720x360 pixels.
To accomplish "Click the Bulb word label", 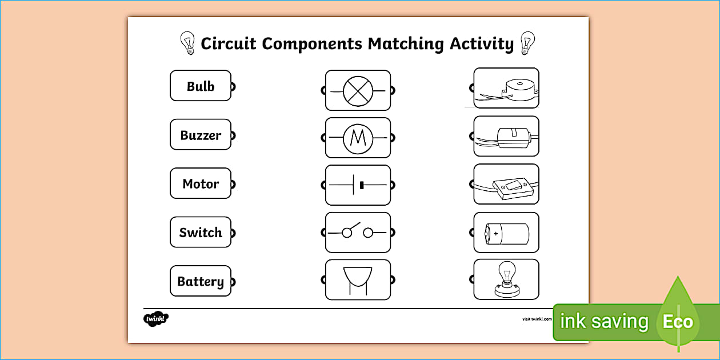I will (x=201, y=86).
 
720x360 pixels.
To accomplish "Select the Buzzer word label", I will (x=201, y=135).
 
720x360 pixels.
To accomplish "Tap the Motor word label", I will (x=201, y=184).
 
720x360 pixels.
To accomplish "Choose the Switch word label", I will (x=201, y=233).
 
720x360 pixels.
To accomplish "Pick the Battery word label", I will (x=201, y=281).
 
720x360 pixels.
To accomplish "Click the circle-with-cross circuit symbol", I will (x=358, y=90).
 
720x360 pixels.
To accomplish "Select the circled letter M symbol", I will (x=358, y=138).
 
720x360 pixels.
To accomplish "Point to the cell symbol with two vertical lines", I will (x=358, y=185).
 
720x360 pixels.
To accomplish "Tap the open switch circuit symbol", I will (x=358, y=233).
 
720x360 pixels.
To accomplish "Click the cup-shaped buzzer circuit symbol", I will (x=358, y=279).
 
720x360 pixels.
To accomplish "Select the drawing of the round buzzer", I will (x=506, y=88).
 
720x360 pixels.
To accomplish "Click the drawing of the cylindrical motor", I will (x=506, y=137).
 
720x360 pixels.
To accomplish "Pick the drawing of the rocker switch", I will (x=506, y=185).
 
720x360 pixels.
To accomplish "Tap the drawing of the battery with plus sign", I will (x=506, y=233).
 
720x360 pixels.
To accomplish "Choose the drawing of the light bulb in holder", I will (x=506, y=279).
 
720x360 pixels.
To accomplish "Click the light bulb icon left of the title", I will (x=187, y=43).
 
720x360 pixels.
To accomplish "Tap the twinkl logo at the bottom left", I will (x=156, y=319).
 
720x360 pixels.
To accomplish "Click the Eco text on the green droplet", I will (x=678, y=321).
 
